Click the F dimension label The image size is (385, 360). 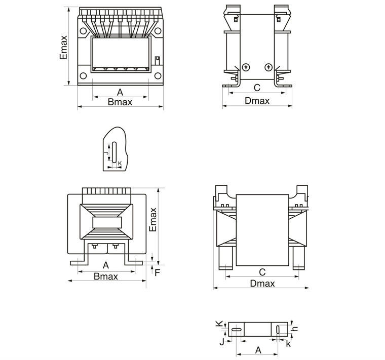(x=158, y=273)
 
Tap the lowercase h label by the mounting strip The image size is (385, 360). (x=296, y=329)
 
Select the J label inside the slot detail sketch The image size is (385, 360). (x=106, y=152)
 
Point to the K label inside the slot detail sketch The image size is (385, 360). (x=120, y=163)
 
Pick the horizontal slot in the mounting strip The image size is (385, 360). (x=237, y=331)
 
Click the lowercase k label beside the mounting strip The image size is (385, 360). (x=288, y=344)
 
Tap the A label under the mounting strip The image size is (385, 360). (x=258, y=350)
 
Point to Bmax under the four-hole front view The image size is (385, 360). (x=120, y=102)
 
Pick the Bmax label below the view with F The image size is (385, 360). (x=106, y=276)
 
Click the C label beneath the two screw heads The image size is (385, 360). (x=257, y=88)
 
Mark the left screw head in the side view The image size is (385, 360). (x=246, y=67)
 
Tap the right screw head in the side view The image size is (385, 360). (x=268, y=67)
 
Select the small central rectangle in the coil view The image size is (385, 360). (x=107, y=223)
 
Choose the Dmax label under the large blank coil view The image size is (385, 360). (x=262, y=284)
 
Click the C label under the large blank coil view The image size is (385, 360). (x=262, y=271)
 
